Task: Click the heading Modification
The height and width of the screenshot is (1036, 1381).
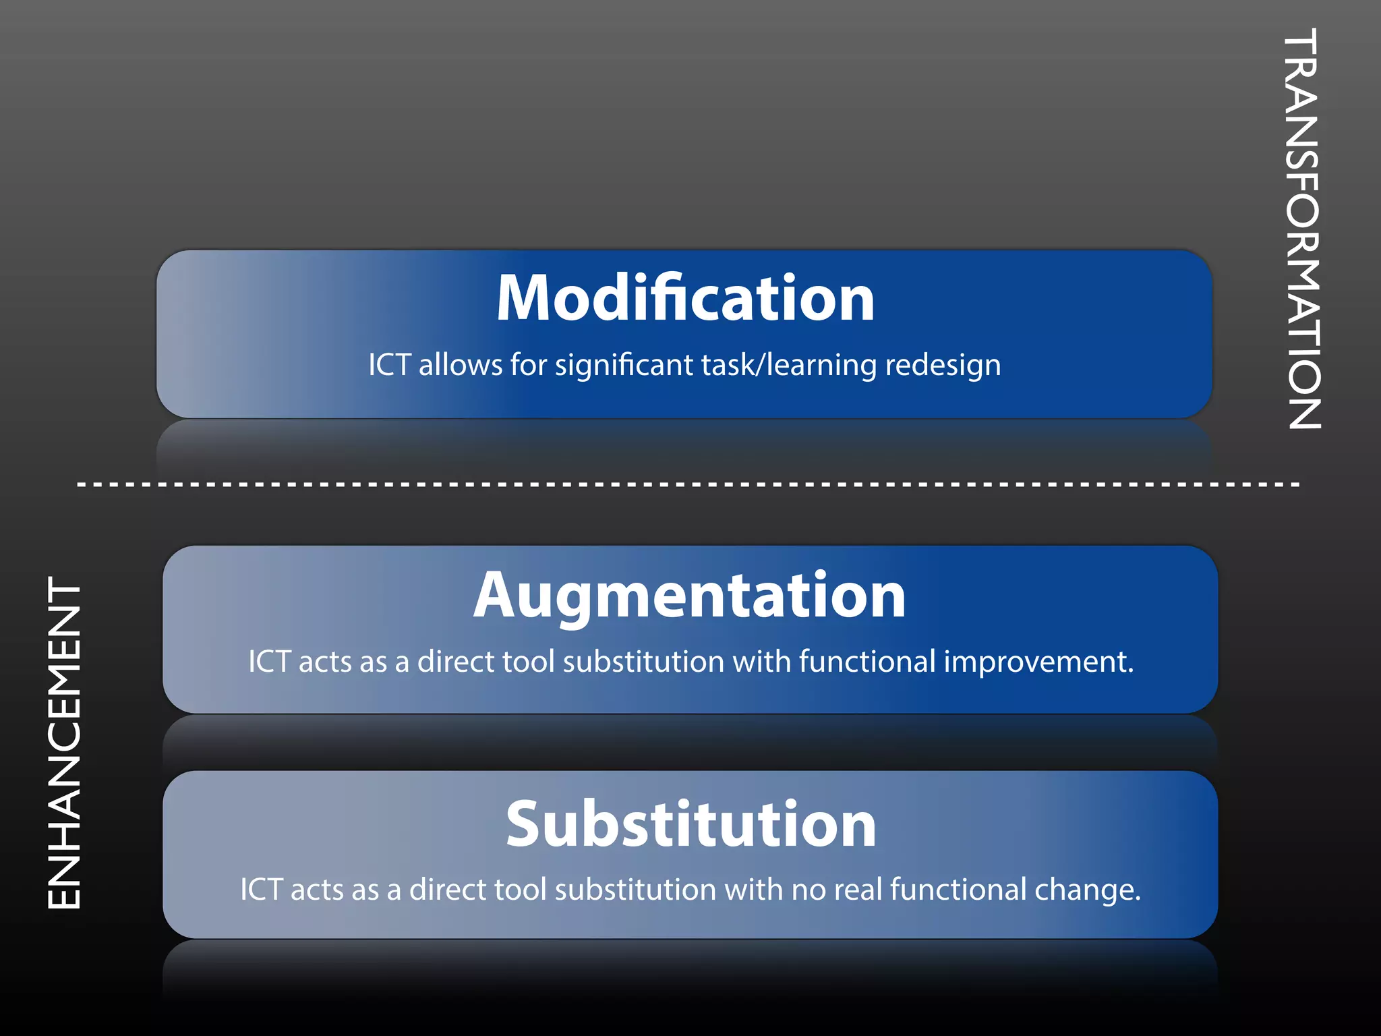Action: click(685, 298)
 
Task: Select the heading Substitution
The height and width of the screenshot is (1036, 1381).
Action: click(690, 824)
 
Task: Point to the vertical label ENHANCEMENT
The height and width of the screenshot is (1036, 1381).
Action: click(64, 742)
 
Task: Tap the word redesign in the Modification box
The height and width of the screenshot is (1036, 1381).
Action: click(942, 366)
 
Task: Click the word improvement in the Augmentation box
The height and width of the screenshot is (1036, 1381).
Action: click(1038, 662)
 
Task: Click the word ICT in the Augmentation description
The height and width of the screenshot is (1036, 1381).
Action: click(269, 662)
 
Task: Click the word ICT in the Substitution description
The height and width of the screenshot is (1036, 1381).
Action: click(261, 890)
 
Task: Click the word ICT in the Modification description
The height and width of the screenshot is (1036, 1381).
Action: click(389, 366)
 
